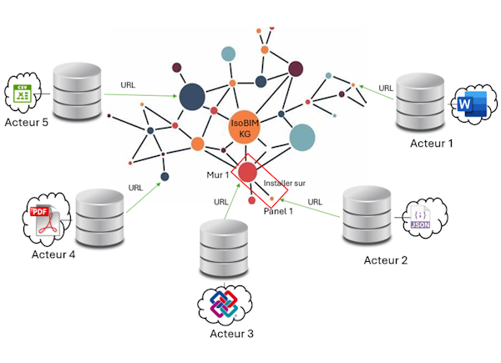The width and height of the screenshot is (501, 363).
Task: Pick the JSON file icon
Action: pyautogui.click(x=417, y=217)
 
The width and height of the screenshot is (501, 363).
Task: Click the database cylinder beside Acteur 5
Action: pyautogui.click(x=77, y=93)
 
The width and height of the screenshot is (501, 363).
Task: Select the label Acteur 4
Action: pyautogui.click(x=53, y=255)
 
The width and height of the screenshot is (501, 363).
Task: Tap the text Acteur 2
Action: pyautogui.click(x=386, y=260)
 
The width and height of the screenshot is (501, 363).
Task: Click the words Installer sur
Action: pyautogui.click(x=284, y=182)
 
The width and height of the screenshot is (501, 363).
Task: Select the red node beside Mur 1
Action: pyautogui.click(x=247, y=173)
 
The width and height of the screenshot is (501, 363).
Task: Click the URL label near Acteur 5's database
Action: pyautogui.click(x=129, y=85)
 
